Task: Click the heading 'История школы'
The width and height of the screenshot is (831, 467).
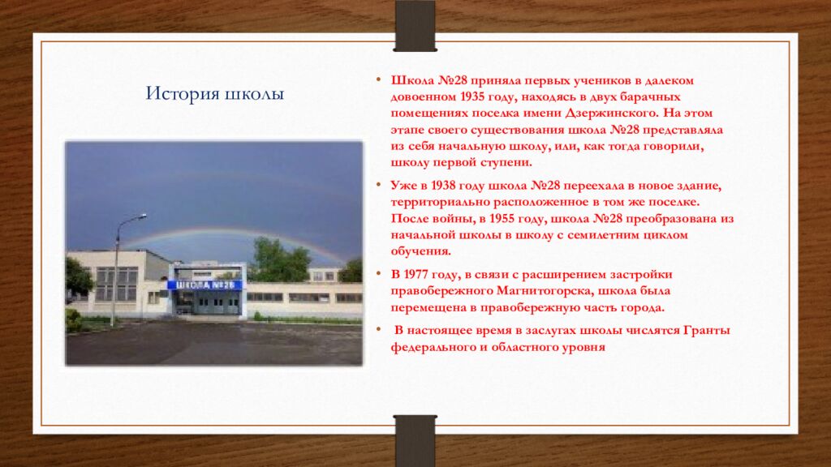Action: pos(214,94)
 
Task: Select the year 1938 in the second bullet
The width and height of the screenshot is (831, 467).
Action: pos(445,186)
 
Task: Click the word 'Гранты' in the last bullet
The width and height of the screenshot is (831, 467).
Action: pos(706,331)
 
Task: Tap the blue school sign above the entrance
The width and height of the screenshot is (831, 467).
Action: pos(205,285)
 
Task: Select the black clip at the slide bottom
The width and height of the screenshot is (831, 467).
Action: pos(415,439)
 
